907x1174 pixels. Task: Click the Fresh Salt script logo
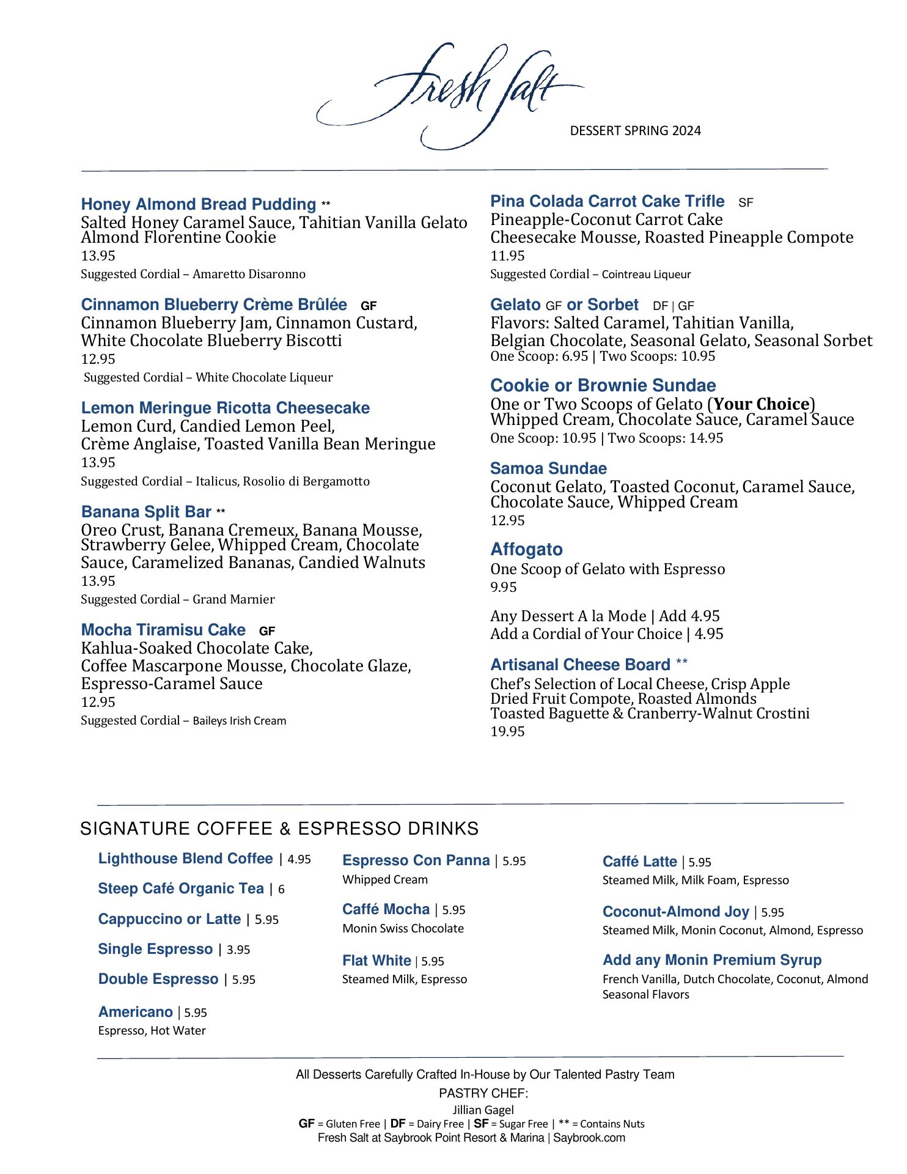click(x=449, y=95)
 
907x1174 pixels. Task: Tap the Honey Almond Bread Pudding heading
click(x=198, y=204)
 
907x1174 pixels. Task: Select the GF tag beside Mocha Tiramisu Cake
click(x=267, y=631)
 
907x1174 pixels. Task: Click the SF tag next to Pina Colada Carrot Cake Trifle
click(x=746, y=202)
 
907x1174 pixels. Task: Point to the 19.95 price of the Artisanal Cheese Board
click(x=507, y=731)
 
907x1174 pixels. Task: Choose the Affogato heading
click(x=526, y=549)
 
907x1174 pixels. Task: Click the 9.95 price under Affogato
click(x=503, y=587)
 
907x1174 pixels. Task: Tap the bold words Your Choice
click(x=761, y=404)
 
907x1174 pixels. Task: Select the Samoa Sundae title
click(x=548, y=468)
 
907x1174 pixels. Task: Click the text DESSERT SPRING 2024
click(x=635, y=130)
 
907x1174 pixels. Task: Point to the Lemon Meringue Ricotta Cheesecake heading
click(x=225, y=408)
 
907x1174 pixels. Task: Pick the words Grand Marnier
click(x=233, y=599)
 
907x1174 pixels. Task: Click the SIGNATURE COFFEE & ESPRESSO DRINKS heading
click(x=279, y=829)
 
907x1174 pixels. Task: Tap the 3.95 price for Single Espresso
click(x=238, y=950)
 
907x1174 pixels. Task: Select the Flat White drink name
click(x=376, y=961)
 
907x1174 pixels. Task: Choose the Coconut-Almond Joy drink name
click(x=675, y=912)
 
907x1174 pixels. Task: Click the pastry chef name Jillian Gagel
click(x=483, y=1110)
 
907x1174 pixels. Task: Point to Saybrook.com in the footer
click(x=589, y=1138)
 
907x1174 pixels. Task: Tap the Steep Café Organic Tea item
click(x=181, y=888)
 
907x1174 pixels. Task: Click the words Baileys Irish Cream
click(x=239, y=721)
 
